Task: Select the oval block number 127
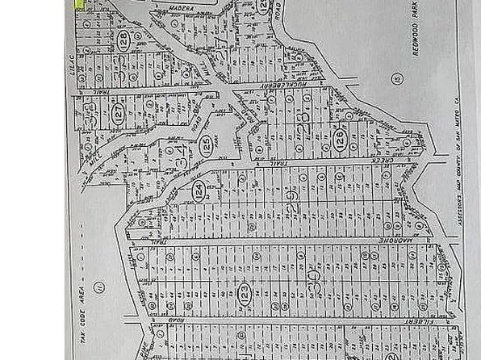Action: pos(119,115)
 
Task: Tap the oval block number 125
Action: pos(207,144)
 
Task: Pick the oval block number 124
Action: pos(197,192)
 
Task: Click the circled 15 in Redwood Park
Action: pos(396,78)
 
